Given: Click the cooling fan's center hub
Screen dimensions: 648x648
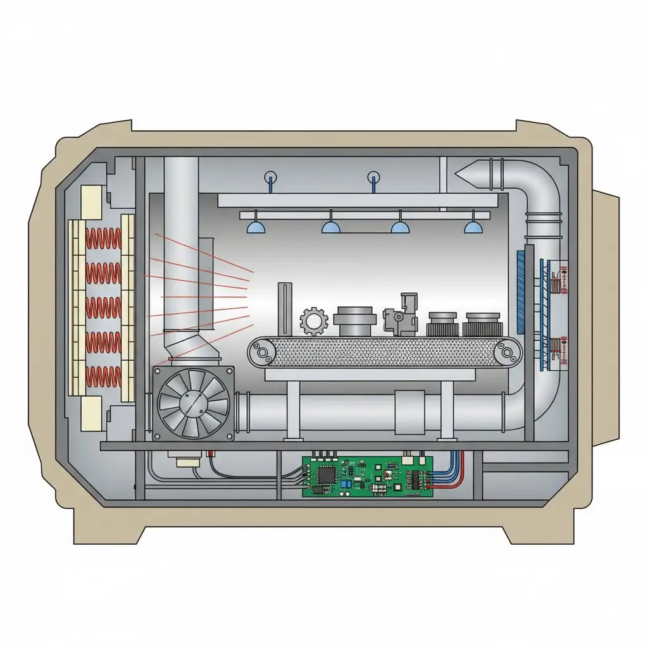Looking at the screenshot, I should click(193, 403).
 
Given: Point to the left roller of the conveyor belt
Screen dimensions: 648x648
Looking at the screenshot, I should click(261, 352).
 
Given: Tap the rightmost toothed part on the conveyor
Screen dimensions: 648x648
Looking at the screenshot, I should click(483, 324).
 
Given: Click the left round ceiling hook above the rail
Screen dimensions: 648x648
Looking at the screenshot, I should click(271, 177).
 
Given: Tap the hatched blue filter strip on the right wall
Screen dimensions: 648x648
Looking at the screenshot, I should click(521, 290).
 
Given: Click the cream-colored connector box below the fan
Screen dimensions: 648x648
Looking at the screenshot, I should click(189, 463).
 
